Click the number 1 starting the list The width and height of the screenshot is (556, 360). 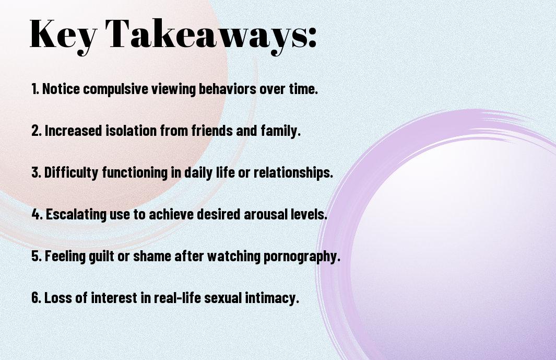(x=34, y=89)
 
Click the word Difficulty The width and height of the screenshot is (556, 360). (x=71, y=173)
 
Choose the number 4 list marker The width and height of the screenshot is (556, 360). (x=36, y=214)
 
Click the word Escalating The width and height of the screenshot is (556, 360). (x=76, y=215)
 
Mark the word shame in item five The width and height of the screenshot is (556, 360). (x=152, y=256)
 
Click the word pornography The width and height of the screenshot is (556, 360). (x=301, y=257)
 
